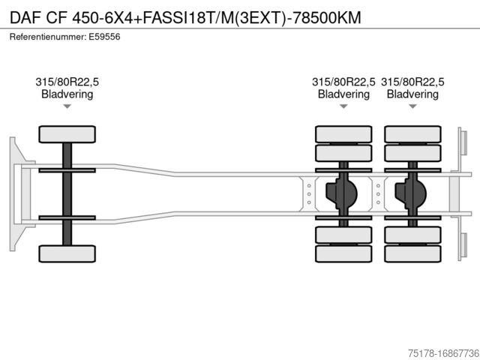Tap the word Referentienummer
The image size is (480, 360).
pyautogui.click(x=46, y=36)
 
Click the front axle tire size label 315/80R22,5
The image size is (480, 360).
pyautogui.click(x=67, y=82)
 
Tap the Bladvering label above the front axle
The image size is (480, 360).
pyautogui.click(x=67, y=94)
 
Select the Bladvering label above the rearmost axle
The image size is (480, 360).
pyautogui.click(x=412, y=94)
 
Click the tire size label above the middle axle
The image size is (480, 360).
pyautogui.click(x=343, y=82)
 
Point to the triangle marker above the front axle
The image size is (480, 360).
pyautogui.click(x=67, y=106)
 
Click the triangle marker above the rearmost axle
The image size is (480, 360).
pyautogui.click(x=412, y=106)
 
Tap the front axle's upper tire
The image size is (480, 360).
pyautogui.click(x=67, y=134)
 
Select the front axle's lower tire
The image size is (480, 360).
pyautogui.click(x=67, y=253)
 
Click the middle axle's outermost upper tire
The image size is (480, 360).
pyautogui.click(x=343, y=134)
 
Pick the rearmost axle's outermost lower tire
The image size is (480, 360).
pyautogui.click(x=412, y=253)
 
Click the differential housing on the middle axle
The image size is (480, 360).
pyautogui.click(x=341, y=193)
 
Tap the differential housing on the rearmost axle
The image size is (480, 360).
pyautogui.click(x=411, y=193)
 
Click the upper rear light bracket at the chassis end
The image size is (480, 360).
pyautogui.click(x=463, y=145)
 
